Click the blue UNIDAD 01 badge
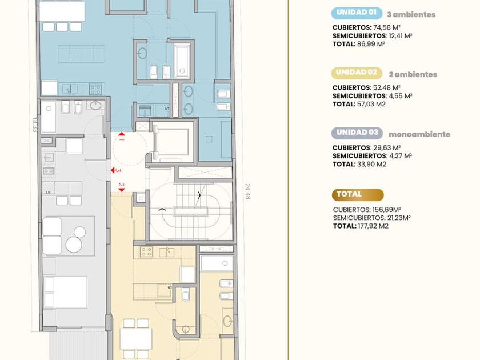click(357, 13)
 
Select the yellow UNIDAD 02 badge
click(357, 73)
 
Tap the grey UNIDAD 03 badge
click(357, 133)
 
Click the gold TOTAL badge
click(358, 195)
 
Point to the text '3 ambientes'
click(411, 14)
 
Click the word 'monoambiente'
click(419, 134)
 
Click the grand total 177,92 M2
click(373, 226)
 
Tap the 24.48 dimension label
click(247, 191)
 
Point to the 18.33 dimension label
click(35, 125)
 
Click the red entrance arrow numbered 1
click(122, 134)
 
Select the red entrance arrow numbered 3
click(113, 170)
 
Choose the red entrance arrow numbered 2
click(122, 190)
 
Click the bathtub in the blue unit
click(182, 61)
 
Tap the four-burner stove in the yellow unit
click(146, 252)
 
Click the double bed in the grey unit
click(65, 293)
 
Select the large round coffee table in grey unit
click(74, 245)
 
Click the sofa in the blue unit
click(81, 54)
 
